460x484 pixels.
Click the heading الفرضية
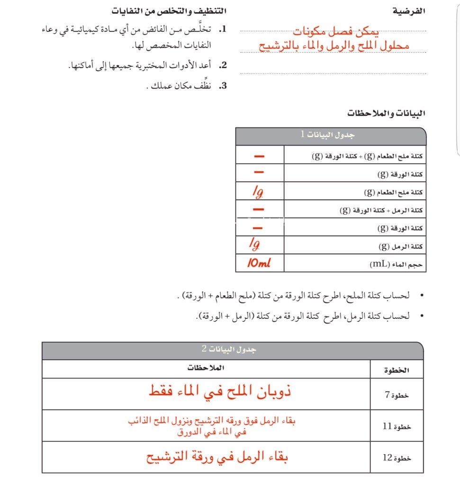[x=410, y=11]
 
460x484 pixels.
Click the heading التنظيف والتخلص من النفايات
[x=169, y=11]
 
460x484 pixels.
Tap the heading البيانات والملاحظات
[x=386, y=114]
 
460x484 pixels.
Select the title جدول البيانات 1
[x=327, y=135]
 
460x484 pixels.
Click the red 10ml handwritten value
[x=259, y=263]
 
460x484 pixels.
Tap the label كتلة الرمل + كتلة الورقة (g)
[x=381, y=210]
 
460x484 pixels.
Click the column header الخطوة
[x=397, y=370]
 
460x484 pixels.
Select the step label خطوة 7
[x=397, y=395]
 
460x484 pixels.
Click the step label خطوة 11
[x=397, y=426]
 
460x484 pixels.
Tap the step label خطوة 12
[x=397, y=458]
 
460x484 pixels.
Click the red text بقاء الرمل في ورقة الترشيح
[x=217, y=457]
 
